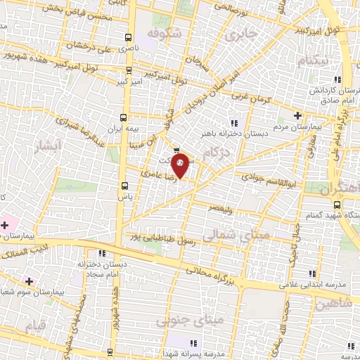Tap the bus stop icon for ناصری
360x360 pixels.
(127, 37)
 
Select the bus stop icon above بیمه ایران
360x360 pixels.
(124, 118)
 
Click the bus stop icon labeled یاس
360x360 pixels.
(125, 186)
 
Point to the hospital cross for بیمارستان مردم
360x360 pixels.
(297, 116)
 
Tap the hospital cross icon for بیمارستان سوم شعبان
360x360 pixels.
(28, 281)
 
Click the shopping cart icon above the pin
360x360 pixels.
(176, 148)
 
